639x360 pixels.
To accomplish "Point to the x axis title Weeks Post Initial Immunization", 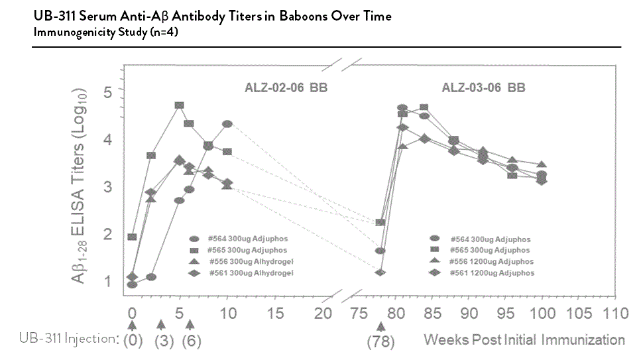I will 524,340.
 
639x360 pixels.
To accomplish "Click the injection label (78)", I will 380,341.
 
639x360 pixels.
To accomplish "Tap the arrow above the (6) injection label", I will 190,325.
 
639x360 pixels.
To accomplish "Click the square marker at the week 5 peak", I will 179,105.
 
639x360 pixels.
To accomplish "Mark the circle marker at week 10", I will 227,124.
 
